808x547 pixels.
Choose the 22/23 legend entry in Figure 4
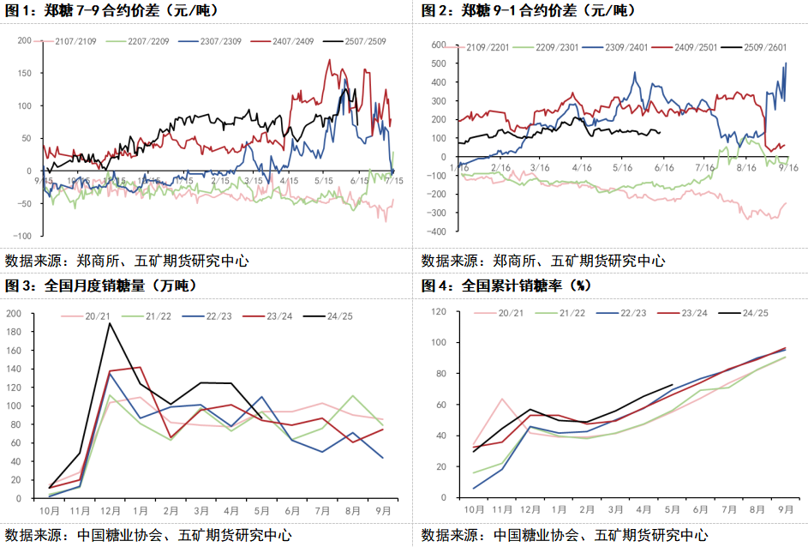pos(630,313)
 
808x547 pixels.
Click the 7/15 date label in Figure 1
pos(395,180)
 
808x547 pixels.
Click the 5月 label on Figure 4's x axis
pos(673,509)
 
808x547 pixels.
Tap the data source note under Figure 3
pos(147,535)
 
